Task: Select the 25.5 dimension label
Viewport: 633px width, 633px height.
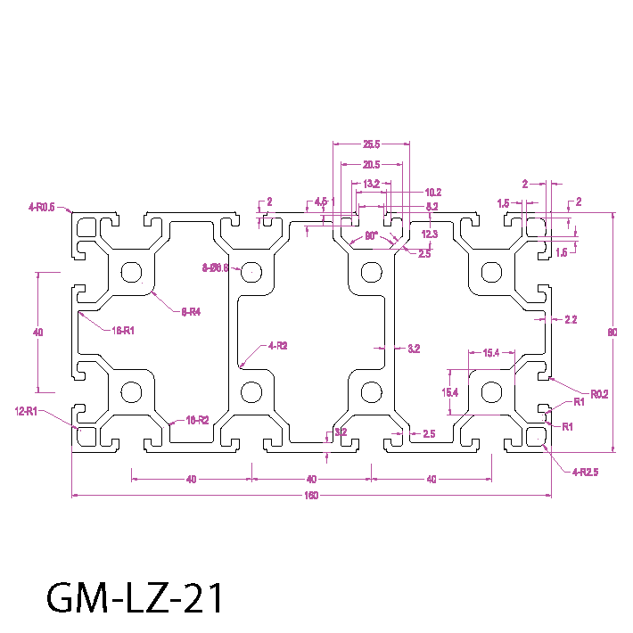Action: [372, 144]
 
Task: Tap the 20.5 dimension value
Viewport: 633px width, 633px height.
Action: [372, 164]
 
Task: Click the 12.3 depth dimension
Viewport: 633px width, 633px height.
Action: [430, 234]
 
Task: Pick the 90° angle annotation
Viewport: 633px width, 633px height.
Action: [372, 237]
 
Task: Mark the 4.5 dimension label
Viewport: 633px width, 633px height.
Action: [321, 201]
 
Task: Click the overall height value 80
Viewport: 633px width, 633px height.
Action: [612, 333]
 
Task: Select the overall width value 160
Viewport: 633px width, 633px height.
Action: [311, 495]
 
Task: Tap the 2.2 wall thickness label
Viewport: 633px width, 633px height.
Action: [571, 319]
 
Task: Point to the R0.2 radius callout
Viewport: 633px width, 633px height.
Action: [599, 393]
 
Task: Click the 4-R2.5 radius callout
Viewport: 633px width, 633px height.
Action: [585, 472]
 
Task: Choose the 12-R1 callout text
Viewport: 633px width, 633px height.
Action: [26, 411]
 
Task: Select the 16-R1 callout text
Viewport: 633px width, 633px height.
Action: [122, 330]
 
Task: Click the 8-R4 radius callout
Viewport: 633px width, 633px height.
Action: [191, 311]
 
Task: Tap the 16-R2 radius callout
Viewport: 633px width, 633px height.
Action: [196, 419]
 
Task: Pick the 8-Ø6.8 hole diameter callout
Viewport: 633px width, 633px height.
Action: [216, 267]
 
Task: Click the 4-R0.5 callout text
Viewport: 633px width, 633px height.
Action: [41, 207]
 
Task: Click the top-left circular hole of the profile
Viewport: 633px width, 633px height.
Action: [133, 272]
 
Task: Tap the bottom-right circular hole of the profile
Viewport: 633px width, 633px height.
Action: [489, 391]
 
